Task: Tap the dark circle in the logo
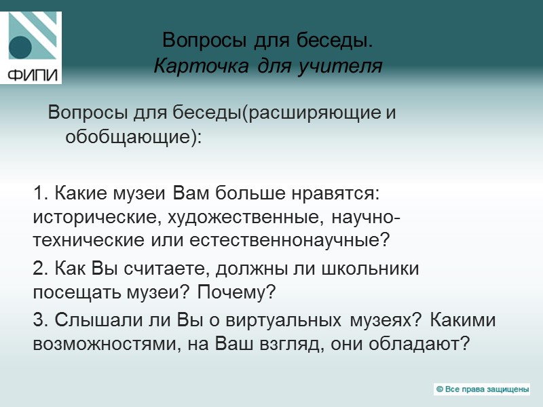point(21,47)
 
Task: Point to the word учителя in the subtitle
point(348,66)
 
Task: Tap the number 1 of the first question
point(38,193)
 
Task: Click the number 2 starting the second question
point(38,268)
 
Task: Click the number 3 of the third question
point(38,319)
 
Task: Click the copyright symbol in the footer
point(440,389)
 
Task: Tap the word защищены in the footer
point(505,389)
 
